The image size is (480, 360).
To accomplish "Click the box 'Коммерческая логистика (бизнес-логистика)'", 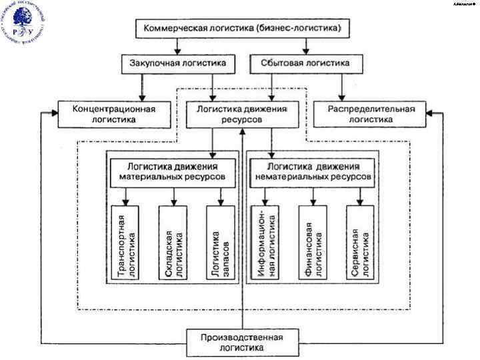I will [239, 29].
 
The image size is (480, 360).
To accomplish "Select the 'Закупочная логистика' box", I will [178, 64].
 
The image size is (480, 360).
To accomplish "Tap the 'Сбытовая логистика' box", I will [309, 64].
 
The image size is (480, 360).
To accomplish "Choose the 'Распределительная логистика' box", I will [371, 113].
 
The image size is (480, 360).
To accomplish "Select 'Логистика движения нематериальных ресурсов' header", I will [310, 171].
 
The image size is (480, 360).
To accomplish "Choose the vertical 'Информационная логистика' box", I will [265, 243].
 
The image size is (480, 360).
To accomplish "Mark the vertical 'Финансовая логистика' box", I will [313, 243].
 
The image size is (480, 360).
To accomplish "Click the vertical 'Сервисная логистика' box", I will [361, 243].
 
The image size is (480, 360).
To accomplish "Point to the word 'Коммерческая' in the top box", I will [173, 29].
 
